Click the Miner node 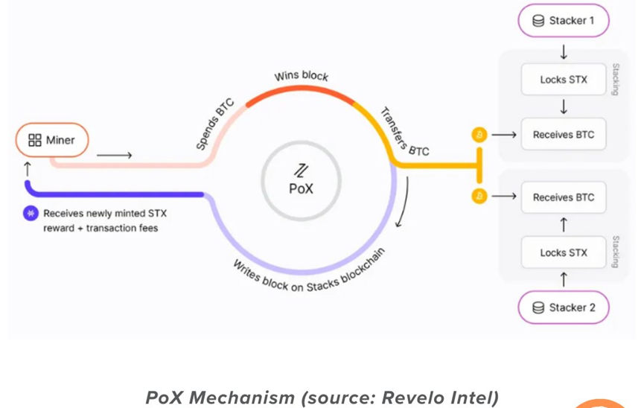[x=52, y=140]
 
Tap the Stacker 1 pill [x=564, y=21]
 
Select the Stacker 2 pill [x=564, y=307]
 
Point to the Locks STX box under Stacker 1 [x=564, y=80]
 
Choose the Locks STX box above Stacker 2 [x=564, y=252]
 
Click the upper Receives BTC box [x=564, y=134]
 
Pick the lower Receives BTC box [x=564, y=197]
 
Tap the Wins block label [x=301, y=76]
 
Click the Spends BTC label [x=215, y=124]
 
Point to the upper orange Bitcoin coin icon [x=479, y=135]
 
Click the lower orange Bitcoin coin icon [x=479, y=196]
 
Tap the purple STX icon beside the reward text [x=31, y=213]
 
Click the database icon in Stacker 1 [x=538, y=21]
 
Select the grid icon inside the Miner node [x=34, y=140]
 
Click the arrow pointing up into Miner [x=28, y=169]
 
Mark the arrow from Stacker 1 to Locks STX [x=564, y=52]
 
